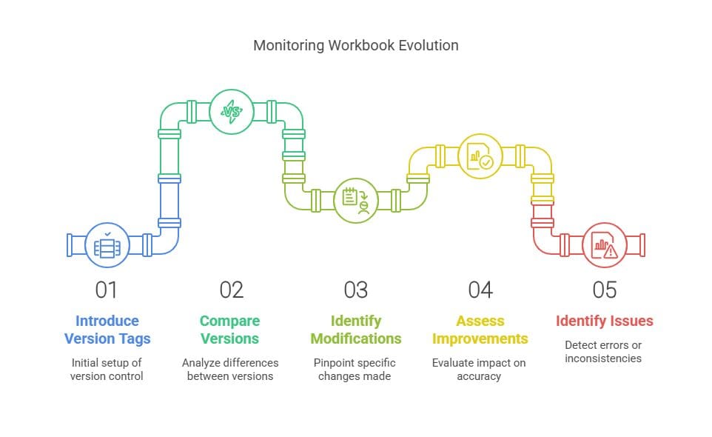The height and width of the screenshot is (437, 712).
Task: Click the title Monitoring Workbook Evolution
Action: (x=355, y=45)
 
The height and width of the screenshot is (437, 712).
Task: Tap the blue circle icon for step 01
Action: (x=107, y=245)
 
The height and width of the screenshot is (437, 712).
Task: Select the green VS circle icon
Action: (x=231, y=112)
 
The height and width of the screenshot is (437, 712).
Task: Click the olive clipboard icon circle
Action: (x=355, y=200)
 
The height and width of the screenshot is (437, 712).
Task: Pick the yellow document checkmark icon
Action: (x=480, y=156)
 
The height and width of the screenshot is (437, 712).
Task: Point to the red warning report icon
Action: (x=605, y=245)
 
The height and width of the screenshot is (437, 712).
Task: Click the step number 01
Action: (x=107, y=290)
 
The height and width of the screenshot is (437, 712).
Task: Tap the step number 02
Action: (x=231, y=290)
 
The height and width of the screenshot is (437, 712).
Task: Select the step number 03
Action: (x=355, y=290)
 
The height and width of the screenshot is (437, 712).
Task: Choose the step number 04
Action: (x=480, y=290)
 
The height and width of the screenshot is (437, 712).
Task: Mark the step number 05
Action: (x=605, y=290)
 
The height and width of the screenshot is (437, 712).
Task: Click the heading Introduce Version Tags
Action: (x=107, y=330)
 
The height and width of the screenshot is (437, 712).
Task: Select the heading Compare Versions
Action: (x=229, y=330)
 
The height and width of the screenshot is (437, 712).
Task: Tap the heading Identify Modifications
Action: (x=355, y=330)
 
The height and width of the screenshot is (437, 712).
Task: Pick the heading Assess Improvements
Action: (x=480, y=330)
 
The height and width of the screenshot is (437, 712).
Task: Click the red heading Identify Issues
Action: (x=605, y=321)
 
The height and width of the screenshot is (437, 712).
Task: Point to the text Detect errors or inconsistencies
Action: (x=603, y=352)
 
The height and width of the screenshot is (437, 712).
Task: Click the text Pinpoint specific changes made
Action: (x=355, y=370)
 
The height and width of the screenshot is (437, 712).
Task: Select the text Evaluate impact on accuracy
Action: (x=479, y=370)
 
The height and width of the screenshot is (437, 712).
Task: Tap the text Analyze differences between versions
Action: (x=230, y=370)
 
